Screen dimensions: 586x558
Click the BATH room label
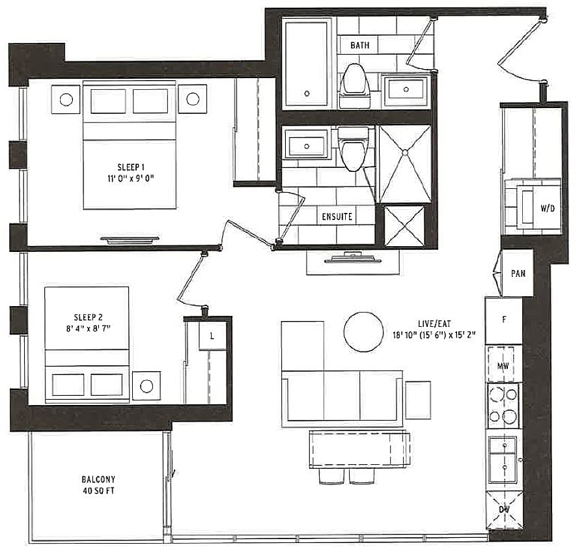pyautogui.click(x=359, y=45)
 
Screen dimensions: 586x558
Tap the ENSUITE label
pyautogui.click(x=337, y=216)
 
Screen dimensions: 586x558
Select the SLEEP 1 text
pyautogui.click(x=130, y=167)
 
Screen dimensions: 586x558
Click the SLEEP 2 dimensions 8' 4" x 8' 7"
pyautogui.click(x=88, y=329)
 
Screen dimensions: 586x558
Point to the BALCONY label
pyautogui.click(x=98, y=479)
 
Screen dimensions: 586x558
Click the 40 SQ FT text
pyautogui.click(x=98, y=491)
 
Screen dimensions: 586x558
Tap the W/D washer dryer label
pyautogui.click(x=548, y=208)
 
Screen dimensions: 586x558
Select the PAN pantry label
pyautogui.click(x=518, y=273)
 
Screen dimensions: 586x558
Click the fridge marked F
pyautogui.click(x=504, y=321)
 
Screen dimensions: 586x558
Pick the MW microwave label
pyautogui.click(x=503, y=366)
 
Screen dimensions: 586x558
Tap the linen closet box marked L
pyautogui.click(x=213, y=336)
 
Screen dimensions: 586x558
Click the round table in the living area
pyautogui.click(x=363, y=332)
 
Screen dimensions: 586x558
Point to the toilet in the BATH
pyautogui.click(x=354, y=86)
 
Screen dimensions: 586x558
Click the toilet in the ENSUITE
pyautogui.click(x=353, y=149)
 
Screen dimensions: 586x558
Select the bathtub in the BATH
pyautogui.click(x=307, y=63)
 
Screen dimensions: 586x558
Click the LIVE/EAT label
pyautogui.click(x=434, y=324)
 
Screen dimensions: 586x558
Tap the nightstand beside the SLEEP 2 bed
pyautogui.click(x=146, y=385)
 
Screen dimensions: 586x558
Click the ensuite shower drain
pyautogui.click(x=405, y=152)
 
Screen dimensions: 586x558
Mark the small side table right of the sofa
pyautogui.click(x=418, y=400)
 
